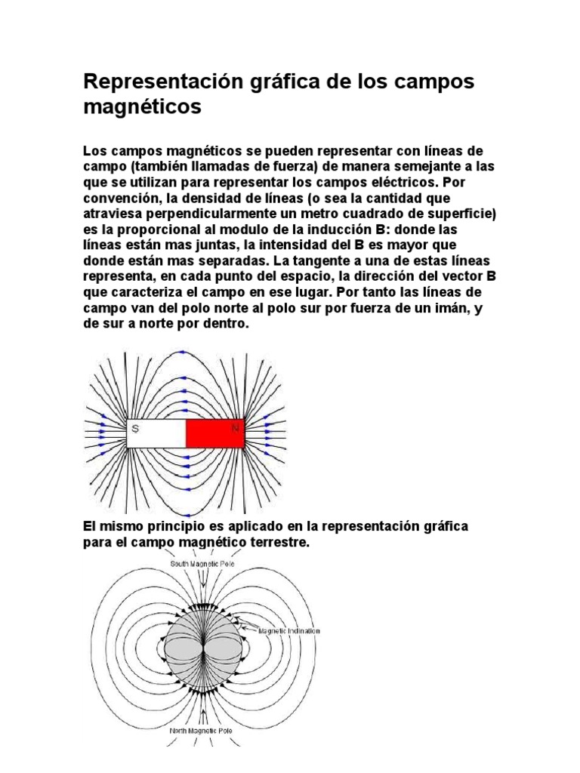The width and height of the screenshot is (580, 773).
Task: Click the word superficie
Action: pyautogui.click(x=459, y=214)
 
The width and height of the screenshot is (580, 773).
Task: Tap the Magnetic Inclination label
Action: pyautogui.click(x=288, y=630)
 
